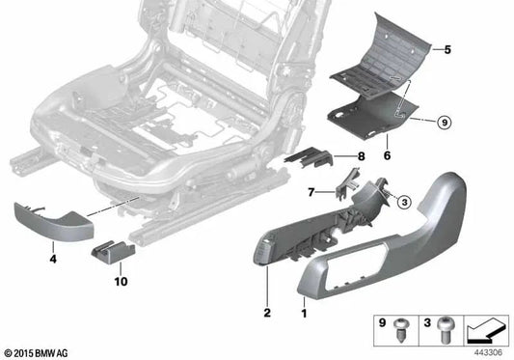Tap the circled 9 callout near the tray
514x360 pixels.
(444, 122)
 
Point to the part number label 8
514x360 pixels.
(359, 155)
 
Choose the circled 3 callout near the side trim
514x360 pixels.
(404, 201)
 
